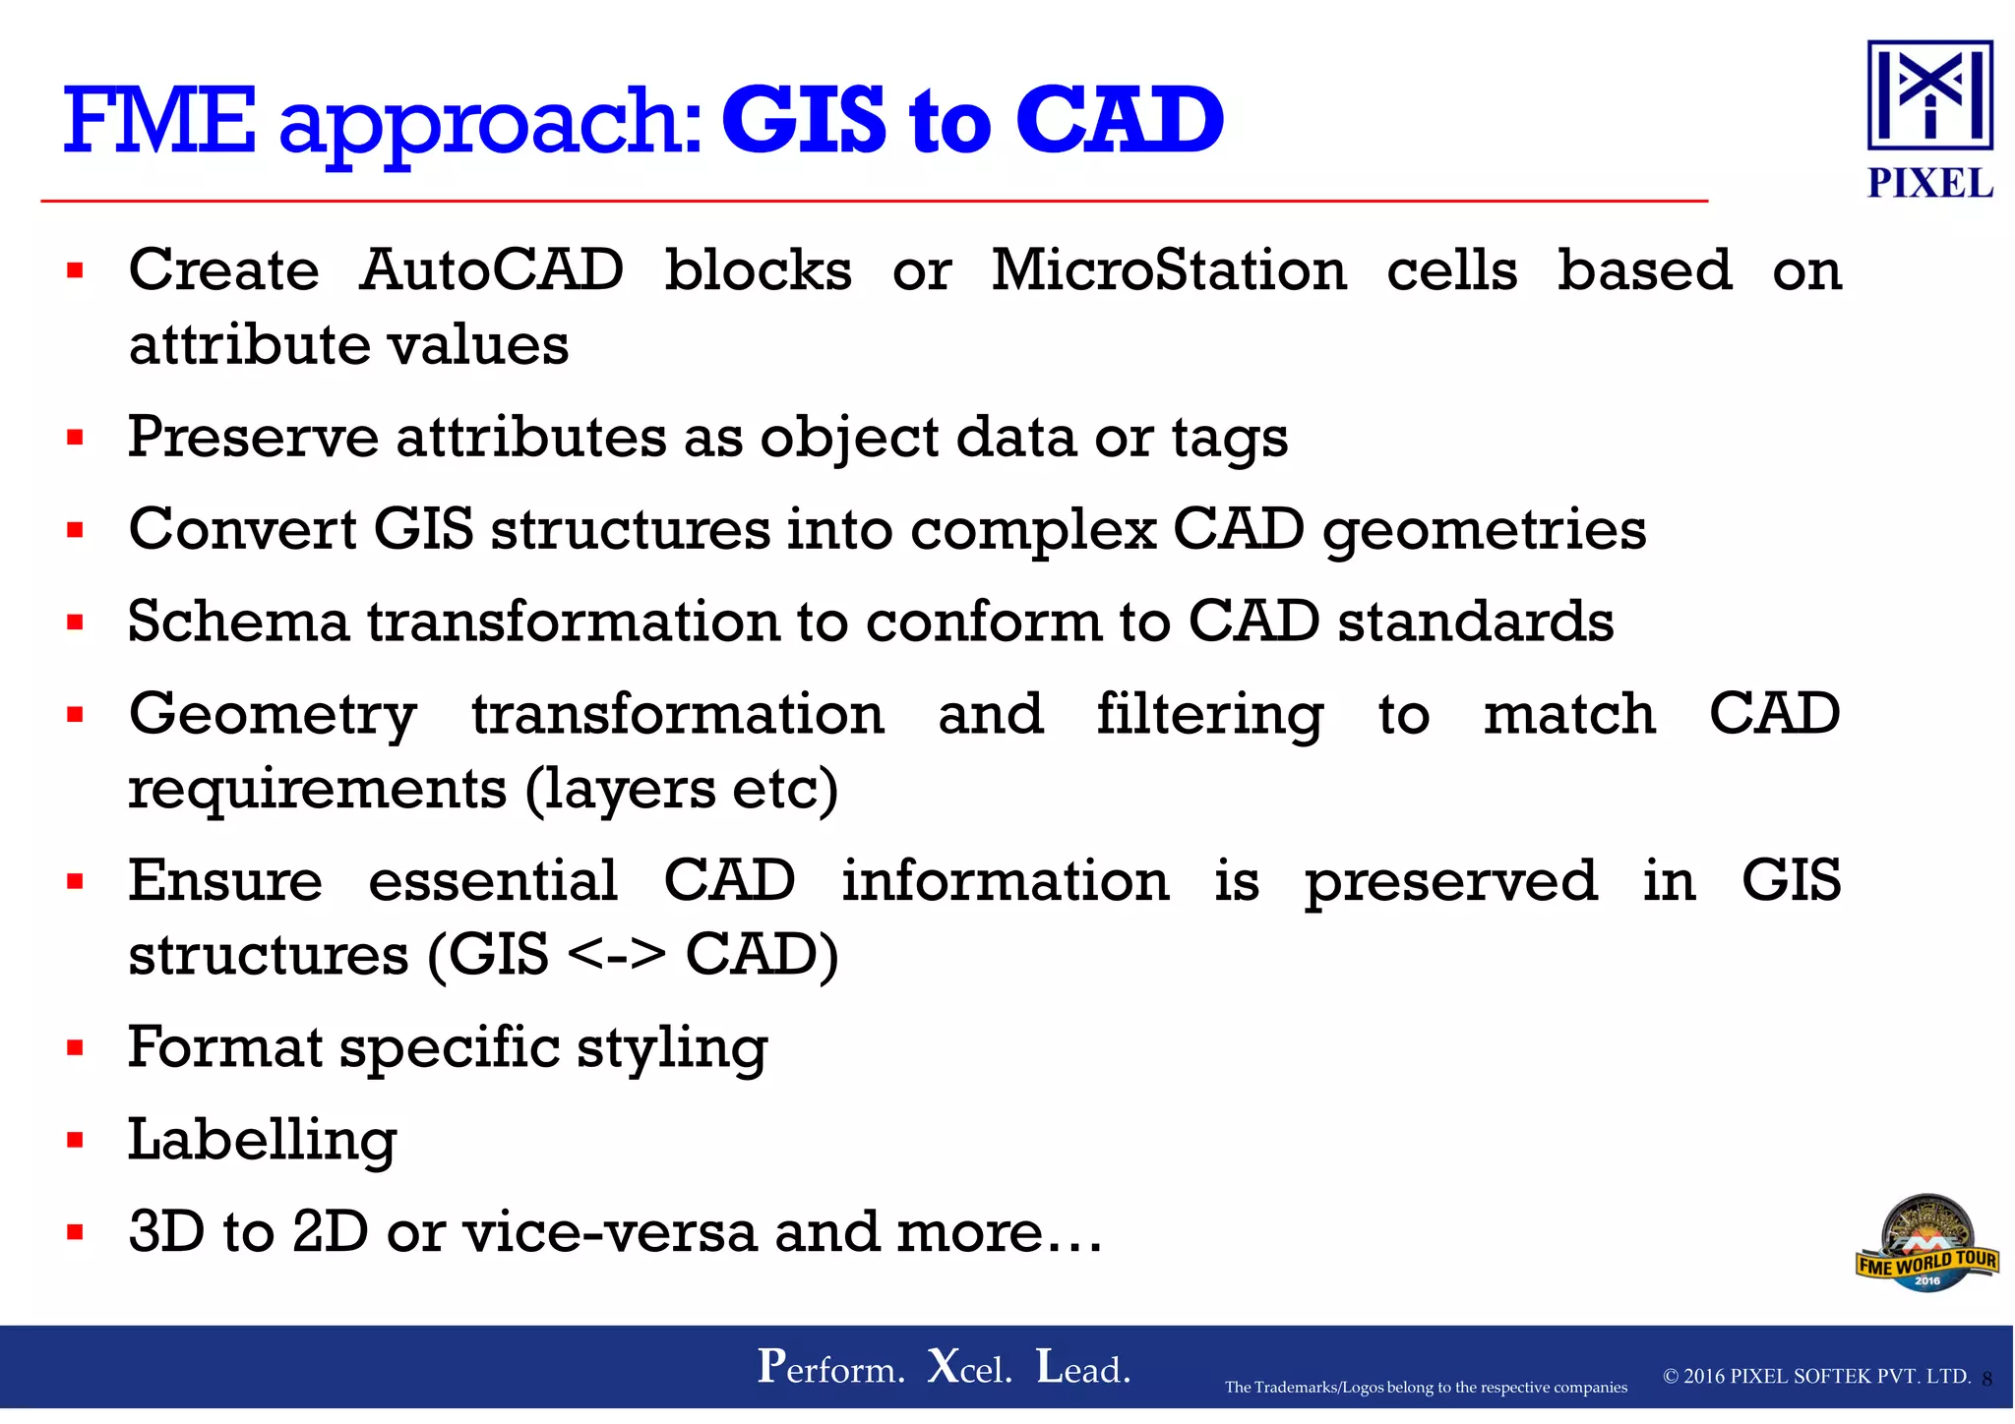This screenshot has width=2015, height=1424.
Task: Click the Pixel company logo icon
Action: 1929,94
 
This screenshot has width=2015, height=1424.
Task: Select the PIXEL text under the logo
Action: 1929,184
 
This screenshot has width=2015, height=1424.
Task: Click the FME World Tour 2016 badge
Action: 1926,1244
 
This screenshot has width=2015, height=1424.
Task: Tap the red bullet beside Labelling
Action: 75,1141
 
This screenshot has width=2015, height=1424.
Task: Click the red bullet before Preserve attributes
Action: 75,437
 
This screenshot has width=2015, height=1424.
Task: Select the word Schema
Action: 239,622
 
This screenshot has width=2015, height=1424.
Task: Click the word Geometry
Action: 273,716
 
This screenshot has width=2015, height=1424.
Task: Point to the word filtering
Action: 1209,714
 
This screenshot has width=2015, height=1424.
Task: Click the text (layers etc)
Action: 681,790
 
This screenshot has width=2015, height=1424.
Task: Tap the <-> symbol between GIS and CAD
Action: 617,955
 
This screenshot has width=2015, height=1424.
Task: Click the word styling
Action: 671,1049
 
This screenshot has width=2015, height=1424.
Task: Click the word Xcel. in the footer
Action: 969,1367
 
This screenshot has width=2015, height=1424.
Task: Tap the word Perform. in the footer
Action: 830,1367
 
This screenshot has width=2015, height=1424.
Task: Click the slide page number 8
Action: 1986,1380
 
